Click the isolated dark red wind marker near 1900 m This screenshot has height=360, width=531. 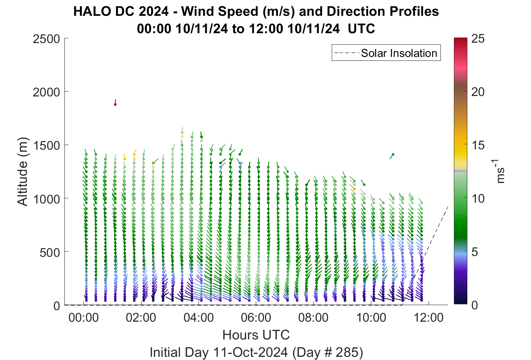pyautogui.click(x=115, y=103)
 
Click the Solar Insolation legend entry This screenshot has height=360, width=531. pyautogui.click(x=386, y=53)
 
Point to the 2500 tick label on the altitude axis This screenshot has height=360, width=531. pyautogui.click(x=47, y=39)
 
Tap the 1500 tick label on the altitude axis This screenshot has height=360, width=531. pyautogui.click(x=47, y=145)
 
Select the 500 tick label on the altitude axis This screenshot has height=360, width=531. pyautogui.click(x=50, y=253)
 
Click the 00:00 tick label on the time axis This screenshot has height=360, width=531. pyautogui.click(x=83, y=318)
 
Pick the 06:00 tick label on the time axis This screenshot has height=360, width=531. pyautogui.click(x=256, y=318)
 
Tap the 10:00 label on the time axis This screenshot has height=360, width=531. pyautogui.click(x=371, y=318)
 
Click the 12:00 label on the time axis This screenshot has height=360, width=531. pyautogui.click(x=429, y=318)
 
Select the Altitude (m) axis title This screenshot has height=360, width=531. pyautogui.click(x=23, y=172)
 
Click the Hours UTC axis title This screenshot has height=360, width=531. pyautogui.click(x=256, y=335)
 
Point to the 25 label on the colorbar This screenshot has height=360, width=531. pyautogui.click(x=478, y=39)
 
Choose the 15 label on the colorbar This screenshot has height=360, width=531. pyautogui.click(x=478, y=145)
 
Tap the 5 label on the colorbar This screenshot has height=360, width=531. pyautogui.click(x=474, y=252)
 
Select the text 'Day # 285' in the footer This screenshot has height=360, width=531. pyautogui.click(x=327, y=352)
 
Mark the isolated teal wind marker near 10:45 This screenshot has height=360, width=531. pyautogui.click(x=392, y=156)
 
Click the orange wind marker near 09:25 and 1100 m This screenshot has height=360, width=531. pyautogui.click(x=353, y=187)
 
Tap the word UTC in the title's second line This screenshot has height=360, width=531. pyautogui.click(x=361, y=29)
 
